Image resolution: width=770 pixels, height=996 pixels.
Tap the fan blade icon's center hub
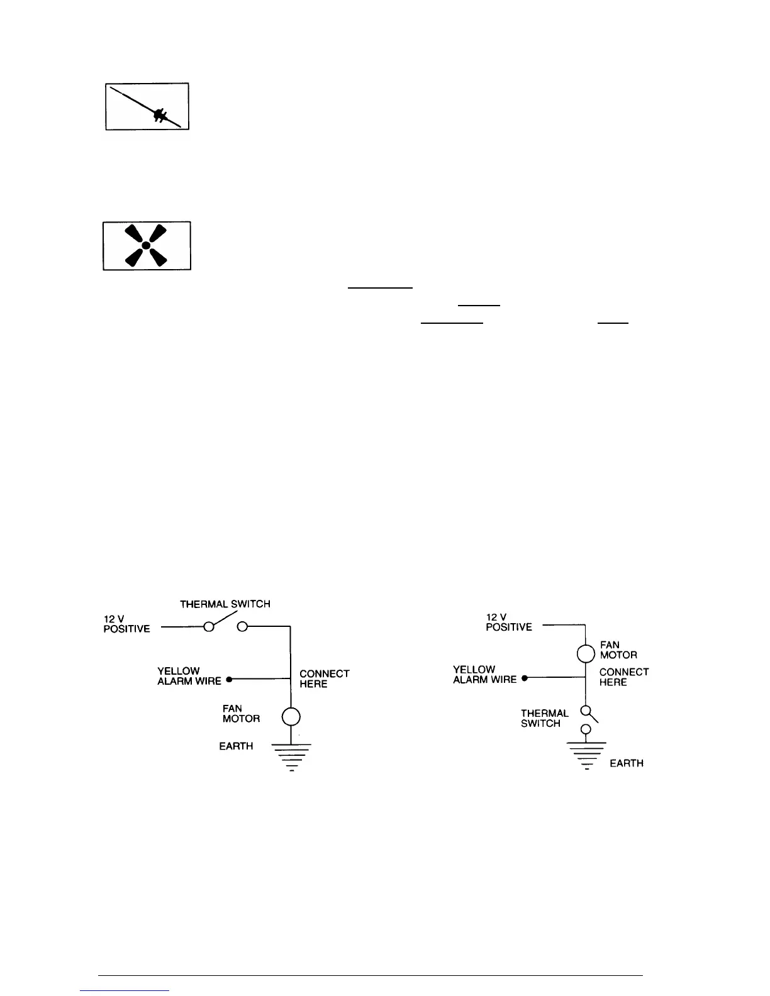point(146,245)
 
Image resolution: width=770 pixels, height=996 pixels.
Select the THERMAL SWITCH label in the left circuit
point(225,604)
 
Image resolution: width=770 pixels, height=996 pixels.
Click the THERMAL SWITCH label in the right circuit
point(544,718)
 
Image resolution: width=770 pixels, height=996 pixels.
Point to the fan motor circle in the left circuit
point(291,716)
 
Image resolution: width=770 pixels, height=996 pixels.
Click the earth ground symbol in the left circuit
point(291,757)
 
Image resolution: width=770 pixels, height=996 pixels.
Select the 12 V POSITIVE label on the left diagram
point(126,624)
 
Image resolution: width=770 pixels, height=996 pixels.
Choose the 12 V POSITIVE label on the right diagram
point(508,622)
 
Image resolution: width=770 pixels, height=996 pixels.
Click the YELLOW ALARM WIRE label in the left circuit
point(189,676)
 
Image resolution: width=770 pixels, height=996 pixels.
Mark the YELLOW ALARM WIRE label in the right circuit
point(484,674)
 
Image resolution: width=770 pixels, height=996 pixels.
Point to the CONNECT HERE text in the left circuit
point(324,678)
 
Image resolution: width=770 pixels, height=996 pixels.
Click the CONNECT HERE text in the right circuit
point(623,677)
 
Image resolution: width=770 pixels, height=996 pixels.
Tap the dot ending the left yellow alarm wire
point(229,680)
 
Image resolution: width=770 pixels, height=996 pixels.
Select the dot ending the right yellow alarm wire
point(524,678)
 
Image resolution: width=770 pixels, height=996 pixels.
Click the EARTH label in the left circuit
point(236,746)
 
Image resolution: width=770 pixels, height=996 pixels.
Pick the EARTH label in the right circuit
point(627,763)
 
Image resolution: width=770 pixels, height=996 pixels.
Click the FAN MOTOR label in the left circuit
point(241,714)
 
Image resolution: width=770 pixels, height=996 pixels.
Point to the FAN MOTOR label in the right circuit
point(618,650)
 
